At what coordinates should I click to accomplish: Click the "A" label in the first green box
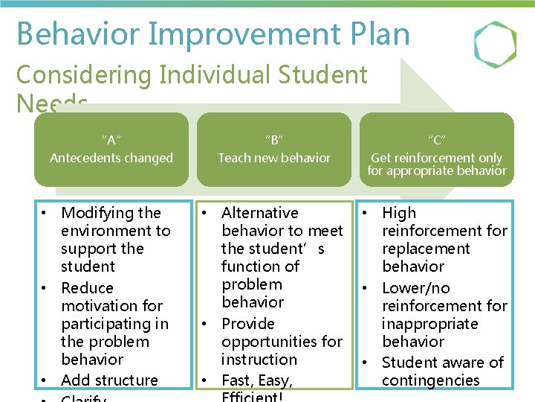111,140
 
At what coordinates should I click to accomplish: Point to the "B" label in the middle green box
274,140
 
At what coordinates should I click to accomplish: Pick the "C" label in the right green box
437,140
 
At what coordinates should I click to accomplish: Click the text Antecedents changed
111,158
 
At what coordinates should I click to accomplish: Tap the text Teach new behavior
274,158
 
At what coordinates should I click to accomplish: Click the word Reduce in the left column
87,288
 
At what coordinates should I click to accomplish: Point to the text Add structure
109,380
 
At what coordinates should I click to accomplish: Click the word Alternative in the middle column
259,213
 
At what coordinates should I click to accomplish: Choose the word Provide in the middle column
248,324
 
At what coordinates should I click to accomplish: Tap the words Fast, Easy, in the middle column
257,380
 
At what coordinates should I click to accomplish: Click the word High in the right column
399,213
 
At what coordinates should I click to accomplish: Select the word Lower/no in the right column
416,288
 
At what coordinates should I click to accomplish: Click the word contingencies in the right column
431,380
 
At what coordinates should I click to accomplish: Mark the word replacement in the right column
427,249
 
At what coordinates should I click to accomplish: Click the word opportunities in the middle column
282,342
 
